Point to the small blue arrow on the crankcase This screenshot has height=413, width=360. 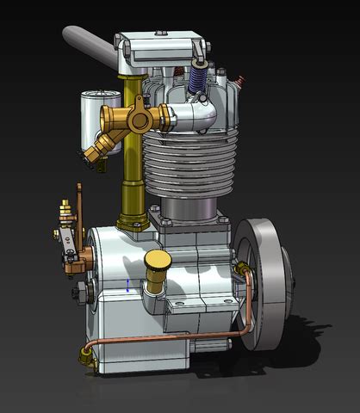128,285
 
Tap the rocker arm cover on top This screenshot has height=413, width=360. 164,47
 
